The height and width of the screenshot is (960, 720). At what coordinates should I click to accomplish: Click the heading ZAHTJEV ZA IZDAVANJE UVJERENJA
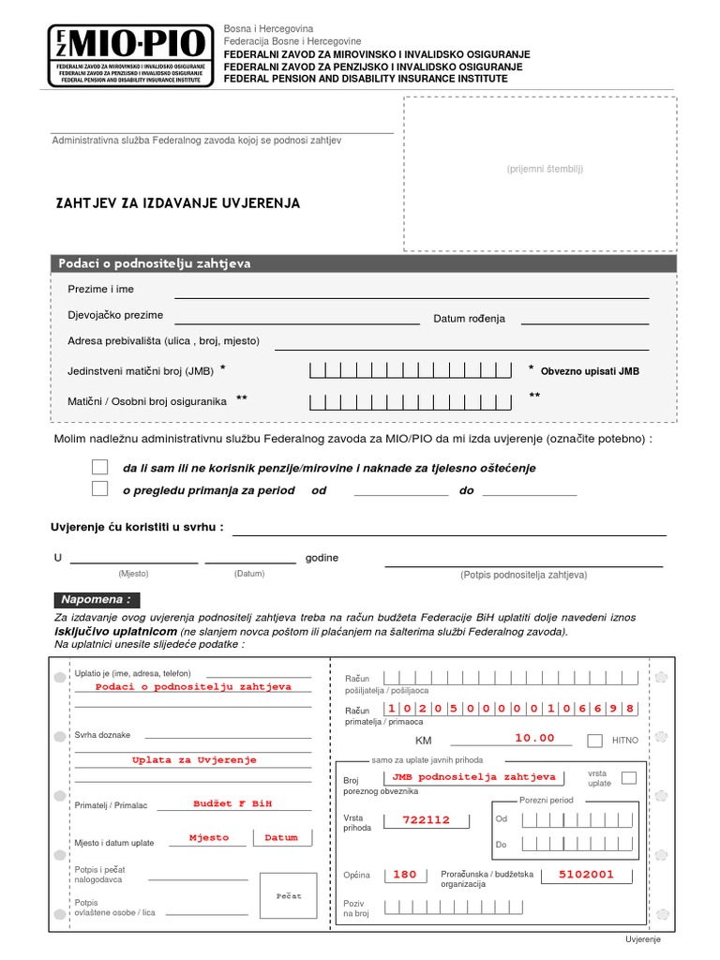179,202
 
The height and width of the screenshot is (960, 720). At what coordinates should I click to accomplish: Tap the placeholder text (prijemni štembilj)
545,169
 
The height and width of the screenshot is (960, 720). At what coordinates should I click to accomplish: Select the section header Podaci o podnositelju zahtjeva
155,263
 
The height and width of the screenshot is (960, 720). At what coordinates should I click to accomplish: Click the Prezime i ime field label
101,289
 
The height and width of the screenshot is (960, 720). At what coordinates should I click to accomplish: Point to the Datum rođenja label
469,319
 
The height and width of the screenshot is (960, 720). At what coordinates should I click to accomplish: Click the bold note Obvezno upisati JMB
590,371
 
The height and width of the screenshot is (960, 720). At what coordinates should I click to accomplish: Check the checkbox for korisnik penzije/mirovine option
100,467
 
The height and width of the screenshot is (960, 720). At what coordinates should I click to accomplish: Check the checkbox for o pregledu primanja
100,488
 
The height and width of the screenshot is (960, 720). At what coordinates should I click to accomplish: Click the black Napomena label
97,600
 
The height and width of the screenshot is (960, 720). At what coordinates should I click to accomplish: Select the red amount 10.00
534,738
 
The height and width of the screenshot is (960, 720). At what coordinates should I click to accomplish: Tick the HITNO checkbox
594,741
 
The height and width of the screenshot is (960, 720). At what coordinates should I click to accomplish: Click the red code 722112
427,819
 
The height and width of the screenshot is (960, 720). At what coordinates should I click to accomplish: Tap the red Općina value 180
404,874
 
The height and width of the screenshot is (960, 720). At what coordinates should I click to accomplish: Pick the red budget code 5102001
586,874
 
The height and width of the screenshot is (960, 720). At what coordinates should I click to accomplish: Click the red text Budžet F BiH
226,803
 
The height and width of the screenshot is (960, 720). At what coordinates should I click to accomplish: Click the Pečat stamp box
289,896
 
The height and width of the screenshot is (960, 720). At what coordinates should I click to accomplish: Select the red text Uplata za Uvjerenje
194,759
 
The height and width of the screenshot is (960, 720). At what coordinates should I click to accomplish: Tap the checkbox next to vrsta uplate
628,777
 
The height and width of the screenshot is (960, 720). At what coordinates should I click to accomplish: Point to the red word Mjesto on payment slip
208,837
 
